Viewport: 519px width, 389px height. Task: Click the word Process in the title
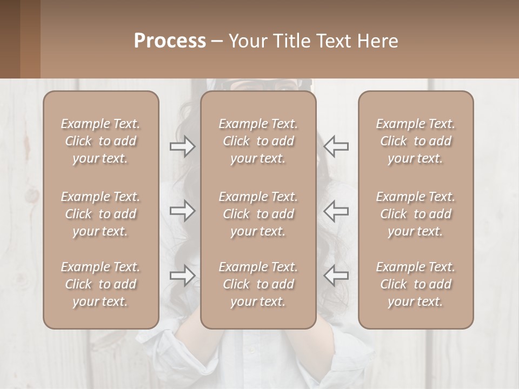(170, 41)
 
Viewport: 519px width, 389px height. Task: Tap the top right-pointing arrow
(182, 146)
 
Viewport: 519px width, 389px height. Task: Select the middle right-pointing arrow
(182, 210)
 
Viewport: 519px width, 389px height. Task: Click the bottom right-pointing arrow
(182, 275)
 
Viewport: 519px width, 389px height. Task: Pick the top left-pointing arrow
(336, 146)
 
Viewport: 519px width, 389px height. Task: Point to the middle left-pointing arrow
(336, 210)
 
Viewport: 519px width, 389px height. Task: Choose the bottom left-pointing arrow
(336, 275)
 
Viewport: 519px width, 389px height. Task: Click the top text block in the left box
(101, 141)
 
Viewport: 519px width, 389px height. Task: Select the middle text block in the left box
(101, 214)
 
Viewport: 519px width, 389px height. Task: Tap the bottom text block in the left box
(101, 284)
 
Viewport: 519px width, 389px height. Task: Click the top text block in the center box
(258, 141)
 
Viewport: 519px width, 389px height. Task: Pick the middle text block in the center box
(258, 214)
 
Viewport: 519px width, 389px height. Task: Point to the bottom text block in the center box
(258, 284)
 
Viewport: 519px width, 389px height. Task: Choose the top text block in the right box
(415, 141)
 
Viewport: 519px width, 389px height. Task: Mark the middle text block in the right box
(415, 214)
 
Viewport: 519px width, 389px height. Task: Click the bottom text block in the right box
(415, 284)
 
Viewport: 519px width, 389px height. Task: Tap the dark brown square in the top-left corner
(10, 39)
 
